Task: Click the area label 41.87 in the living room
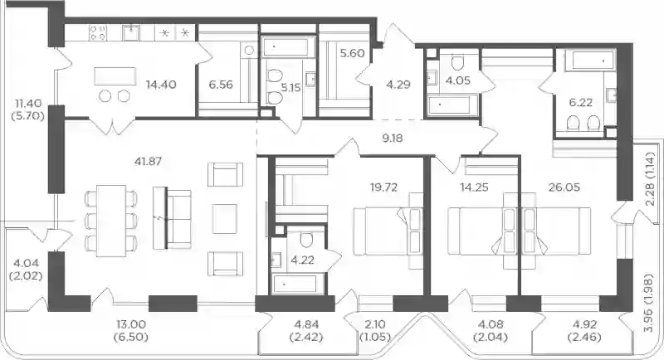pos(148,161)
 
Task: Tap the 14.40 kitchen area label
pos(161,84)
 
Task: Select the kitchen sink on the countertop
pos(131,32)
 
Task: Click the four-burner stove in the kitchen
pos(98,32)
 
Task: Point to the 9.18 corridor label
pos(392,138)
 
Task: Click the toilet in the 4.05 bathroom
pos(458,62)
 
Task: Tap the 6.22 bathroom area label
pos(580,102)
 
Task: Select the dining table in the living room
pos(111,221)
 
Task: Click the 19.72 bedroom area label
pos(383,187)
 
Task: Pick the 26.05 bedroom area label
pos(564,187)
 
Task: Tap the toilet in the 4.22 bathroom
pos(306,241)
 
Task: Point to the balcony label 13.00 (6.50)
pos(131,331)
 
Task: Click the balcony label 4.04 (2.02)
pos(26,270)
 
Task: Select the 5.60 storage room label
pos(352,53)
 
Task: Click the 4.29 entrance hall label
pos(398,85)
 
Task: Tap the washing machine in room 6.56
pos(249,51)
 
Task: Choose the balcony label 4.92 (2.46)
pos(584,331)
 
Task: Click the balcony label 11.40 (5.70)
pos(29,109)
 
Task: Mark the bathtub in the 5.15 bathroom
pos(288,46)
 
